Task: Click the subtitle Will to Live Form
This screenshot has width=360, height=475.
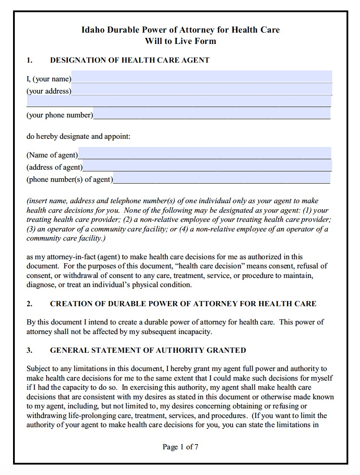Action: click(x=180, y=41)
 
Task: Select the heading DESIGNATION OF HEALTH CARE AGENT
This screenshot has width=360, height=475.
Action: click(x=130, y=60)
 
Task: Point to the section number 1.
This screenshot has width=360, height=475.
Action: click(x=29, y=60)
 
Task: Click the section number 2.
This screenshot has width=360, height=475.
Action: click(x=29, y=304)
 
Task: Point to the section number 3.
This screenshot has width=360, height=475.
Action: click(x=29, y=350)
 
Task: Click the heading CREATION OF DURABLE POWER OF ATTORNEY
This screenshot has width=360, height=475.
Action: click(x=183, y=304)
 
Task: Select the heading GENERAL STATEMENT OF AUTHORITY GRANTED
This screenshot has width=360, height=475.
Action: click(x=148, y=350)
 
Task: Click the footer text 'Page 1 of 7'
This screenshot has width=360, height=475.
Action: click(x=180, y=447)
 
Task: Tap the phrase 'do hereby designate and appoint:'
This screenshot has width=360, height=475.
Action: click(x=78, y=136)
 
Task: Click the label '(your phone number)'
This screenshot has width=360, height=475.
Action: click(x=60, y=115)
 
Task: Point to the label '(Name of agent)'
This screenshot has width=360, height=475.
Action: click(x=52, y=155)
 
